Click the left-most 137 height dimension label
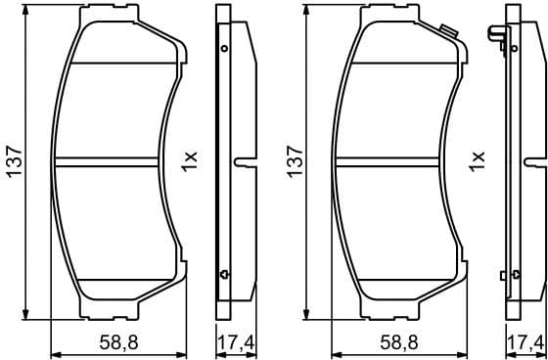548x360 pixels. tap(13, 161)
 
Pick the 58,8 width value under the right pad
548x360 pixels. tap(399, 342)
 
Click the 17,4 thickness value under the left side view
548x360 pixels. tap(230, 342)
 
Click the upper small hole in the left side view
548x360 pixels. tap(224, 48)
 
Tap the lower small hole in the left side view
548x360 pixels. tap(224, 272)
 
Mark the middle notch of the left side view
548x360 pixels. tap(244, 159)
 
